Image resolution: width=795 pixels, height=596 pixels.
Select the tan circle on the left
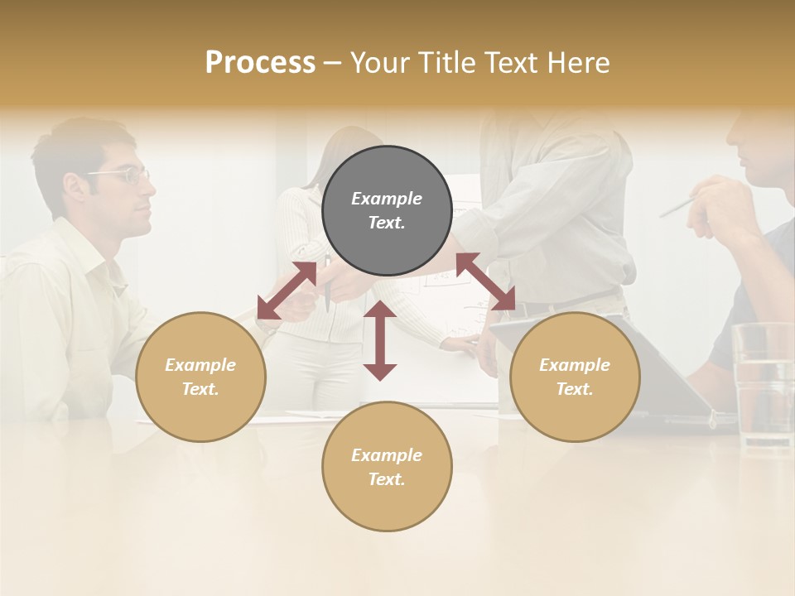pos(200,377)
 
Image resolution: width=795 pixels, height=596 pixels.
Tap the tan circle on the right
pos(575,377)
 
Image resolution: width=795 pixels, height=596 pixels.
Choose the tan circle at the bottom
pos(387,467)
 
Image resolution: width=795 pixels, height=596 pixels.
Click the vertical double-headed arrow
pos(380,340)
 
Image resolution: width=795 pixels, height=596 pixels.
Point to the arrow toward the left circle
pos(287,291)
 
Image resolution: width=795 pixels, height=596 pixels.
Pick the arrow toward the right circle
pos(485,282)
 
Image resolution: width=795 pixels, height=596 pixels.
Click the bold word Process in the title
pos(260,63)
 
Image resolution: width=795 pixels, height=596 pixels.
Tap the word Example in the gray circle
pos(387,199)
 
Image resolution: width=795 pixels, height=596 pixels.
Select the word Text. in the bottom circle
pos(387,479)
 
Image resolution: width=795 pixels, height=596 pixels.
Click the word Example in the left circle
pos(200,365)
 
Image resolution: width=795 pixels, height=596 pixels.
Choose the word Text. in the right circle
pos(575,389)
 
